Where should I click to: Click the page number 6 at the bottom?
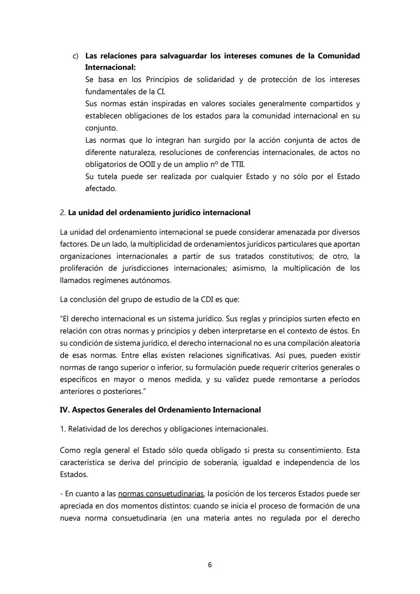point(210,564)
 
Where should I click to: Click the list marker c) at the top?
point(76,56)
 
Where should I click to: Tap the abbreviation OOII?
point(147,164)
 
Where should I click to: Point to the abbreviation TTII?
point(238,164)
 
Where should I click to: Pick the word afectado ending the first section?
point(100,189)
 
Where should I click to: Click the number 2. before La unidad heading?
point(63,213)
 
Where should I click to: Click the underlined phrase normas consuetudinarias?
point(161,494)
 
